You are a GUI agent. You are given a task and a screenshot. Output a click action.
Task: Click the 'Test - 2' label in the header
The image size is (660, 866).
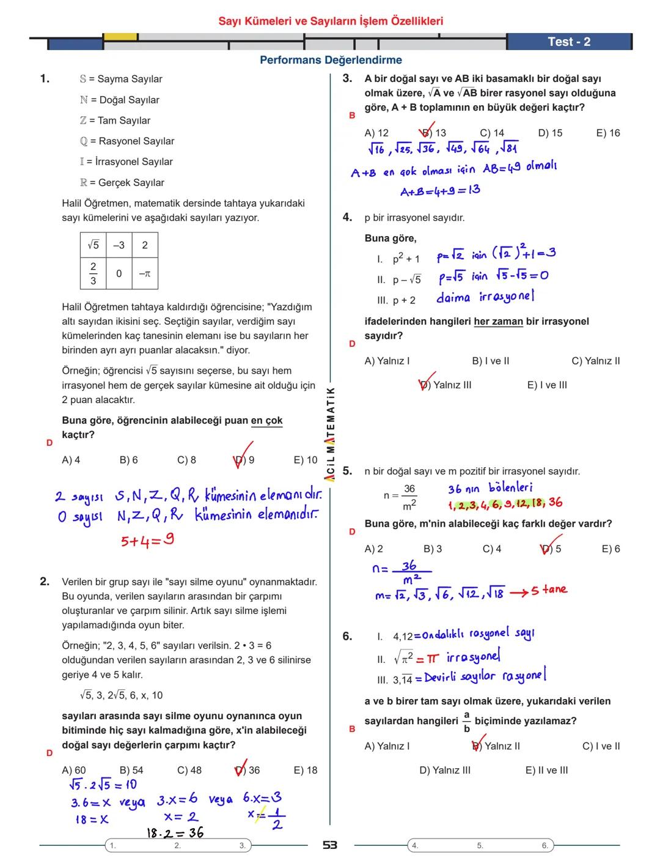tap(568, 42)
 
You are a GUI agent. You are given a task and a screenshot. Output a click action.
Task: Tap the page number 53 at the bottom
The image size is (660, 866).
tap(330, 845)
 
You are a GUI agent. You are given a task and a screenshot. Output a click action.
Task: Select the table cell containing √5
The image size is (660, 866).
tap(93, 245)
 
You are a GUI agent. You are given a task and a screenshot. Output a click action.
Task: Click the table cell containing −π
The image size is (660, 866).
tap(144, 274)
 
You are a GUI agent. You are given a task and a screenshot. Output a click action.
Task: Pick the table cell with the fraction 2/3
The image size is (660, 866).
tap(93, 273)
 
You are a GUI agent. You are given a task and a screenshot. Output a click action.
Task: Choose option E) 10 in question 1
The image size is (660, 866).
tap(306, 460)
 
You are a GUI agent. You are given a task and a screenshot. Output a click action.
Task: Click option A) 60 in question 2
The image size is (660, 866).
tap(74, 770)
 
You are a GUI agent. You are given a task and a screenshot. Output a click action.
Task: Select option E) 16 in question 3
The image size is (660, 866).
tap(607, 133)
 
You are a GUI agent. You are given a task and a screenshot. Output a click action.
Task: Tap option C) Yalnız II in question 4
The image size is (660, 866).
tap(595, 361)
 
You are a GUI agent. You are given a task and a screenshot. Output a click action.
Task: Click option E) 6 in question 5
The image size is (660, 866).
tap(610, 549)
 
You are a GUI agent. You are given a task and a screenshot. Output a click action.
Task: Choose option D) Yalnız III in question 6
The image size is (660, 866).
tap(444, 770)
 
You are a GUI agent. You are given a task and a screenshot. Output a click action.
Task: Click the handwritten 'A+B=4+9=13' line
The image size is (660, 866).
tap(440, 191)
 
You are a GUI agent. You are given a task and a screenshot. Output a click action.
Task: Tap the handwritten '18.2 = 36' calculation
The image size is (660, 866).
tap(175, 832)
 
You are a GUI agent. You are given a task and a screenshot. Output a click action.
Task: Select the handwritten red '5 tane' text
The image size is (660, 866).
tap(548, 590)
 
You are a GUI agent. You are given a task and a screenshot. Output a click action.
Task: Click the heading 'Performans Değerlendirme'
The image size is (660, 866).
tap(331, 60)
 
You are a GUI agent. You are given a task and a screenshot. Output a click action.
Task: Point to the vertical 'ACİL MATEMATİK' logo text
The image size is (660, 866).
tap(330, 434)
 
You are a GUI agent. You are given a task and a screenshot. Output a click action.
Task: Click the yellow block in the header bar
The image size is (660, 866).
tap(120, 37)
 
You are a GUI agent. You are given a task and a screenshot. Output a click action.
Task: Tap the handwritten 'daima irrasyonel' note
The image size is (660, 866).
tap(485, 298)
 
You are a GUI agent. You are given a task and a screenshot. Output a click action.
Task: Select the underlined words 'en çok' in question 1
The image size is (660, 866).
tap(266, 421)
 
